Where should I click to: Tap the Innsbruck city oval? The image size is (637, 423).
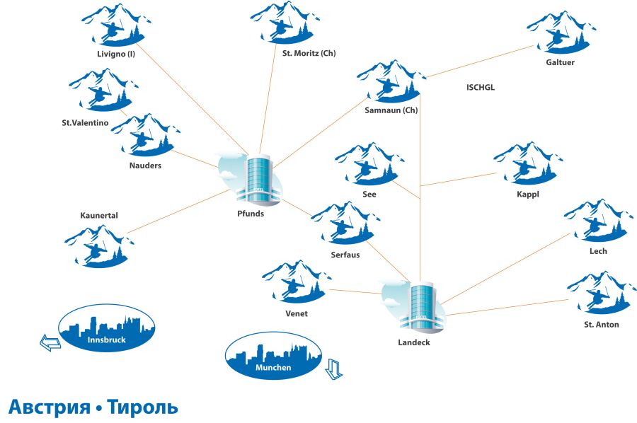tap(106, 330)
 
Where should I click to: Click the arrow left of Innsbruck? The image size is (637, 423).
tap(50, 343)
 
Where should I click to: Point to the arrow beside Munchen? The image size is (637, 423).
tap(333, 369)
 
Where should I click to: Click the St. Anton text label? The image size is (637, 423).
tap(601, 325)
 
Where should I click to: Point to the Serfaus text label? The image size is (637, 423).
tap(345, 255)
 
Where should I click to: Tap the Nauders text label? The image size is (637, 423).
tap(146, 166)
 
